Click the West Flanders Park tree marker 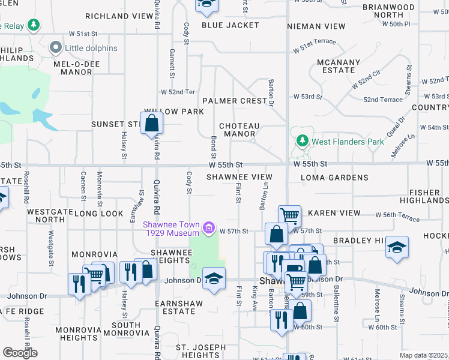tap(303, 142)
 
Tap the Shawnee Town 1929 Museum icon tap(209, 227)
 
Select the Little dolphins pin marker tap(56, 47)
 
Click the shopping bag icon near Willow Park tap(152, 124)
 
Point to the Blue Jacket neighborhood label tap(230, 25)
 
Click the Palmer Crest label tap(234, 101)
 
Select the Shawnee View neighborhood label tap(240, 178)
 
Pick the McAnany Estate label tap(339, 65)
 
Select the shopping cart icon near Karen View tap(289, 215)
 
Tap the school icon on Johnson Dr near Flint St tap(214, 278)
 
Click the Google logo tap(20, 353)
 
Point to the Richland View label tap(119, 17)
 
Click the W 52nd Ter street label tap(178, 92)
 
